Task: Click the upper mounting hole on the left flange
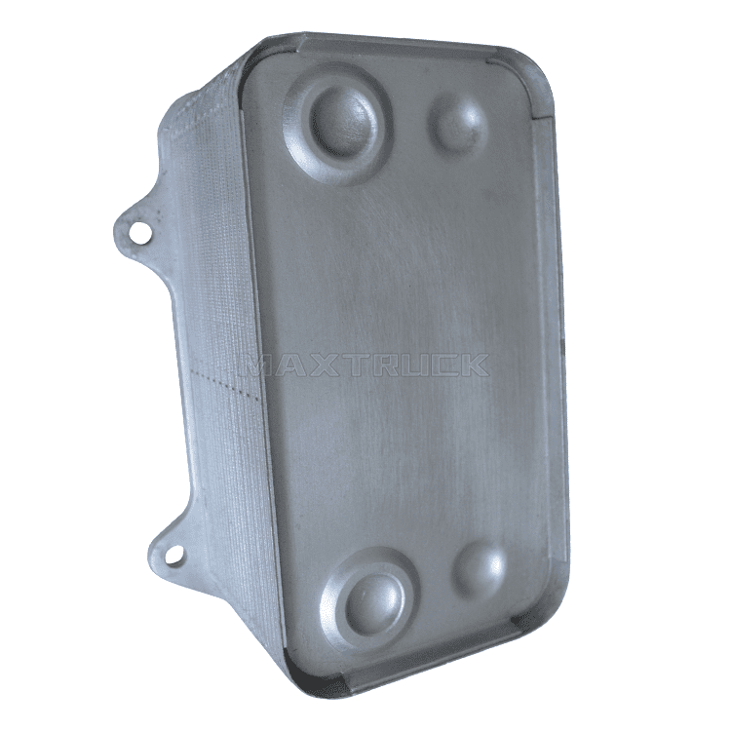pos(139,230)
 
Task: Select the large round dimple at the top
pos(343,122)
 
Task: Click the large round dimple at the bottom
pos(376,600)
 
